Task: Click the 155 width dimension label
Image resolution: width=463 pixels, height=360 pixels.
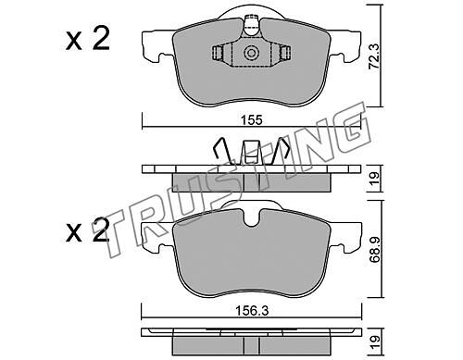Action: coord(252,120)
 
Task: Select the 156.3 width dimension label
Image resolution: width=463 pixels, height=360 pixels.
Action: coord(252,311)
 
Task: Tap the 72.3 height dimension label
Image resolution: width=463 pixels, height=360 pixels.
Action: coord(374,56)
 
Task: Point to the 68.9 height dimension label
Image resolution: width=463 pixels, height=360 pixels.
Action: coord(375,250)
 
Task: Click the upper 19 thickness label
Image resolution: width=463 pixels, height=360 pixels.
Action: coord(374,178)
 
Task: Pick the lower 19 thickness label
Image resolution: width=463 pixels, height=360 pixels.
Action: coord(374,341)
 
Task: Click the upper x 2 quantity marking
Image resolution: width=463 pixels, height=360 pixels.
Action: coord(88,39)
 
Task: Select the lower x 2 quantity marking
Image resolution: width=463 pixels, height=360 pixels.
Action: coord(88,230)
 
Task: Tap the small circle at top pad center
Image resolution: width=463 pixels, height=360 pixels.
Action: coord(250,53)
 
